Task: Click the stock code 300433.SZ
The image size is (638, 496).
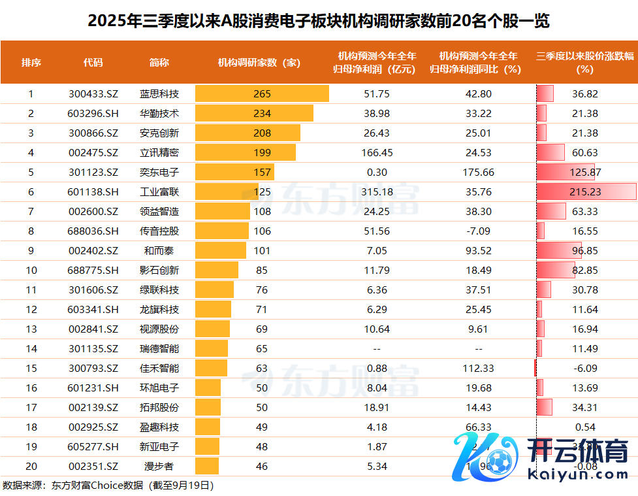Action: pyautogui.click(x=93, y=93)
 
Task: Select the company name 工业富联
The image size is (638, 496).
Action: pyautogui.click(x=159, y=191)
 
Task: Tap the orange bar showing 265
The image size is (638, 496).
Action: pyautogui.click(x=262, y=93)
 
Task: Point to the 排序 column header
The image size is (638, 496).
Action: pyautogui.click(x=31, y=63)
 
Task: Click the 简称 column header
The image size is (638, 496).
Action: pyautogui.click(x=159, y=63)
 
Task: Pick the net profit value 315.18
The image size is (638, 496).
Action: pyautogui.click(x=377, y=191)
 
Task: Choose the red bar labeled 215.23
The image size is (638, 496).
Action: pyautogui.click(x=586, y=191)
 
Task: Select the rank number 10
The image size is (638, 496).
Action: pyautogui.click(x=31, y=270)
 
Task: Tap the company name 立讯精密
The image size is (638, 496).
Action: pyautogui.click(x=159, y=152)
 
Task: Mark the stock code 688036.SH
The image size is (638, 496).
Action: pyautogui.click(x=93, y=231)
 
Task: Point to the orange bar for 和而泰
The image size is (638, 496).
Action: pyautogui.click(x=221, y=250)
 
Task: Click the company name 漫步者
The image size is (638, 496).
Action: pyautogui.click(x=159, y=466)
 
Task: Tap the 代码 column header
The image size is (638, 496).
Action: pyautogui.click(x=93, y=63)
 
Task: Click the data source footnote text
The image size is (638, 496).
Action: pyautogui.click(x=108, y=485)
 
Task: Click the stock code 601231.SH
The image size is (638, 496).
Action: pyautogui.click(x=93, y=388)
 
